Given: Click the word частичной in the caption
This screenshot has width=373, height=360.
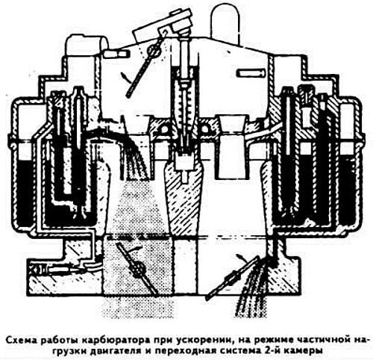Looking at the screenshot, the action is click(x=324, y=340).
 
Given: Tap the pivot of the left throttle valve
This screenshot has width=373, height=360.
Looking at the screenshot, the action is click(x=138, y=270).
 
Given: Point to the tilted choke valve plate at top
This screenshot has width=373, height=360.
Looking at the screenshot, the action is click(x=143, y=66).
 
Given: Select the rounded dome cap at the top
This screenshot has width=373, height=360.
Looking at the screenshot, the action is click(x=226, y=22).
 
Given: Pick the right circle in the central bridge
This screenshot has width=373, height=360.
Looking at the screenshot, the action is click(x=205, y=129).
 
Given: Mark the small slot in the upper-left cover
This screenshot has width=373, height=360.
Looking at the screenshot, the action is click(x=116, y=53).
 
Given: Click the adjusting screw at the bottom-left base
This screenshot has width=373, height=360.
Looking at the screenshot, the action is click(x=60, y=270).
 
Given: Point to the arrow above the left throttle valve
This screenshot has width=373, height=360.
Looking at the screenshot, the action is click(x=135, y=249).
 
